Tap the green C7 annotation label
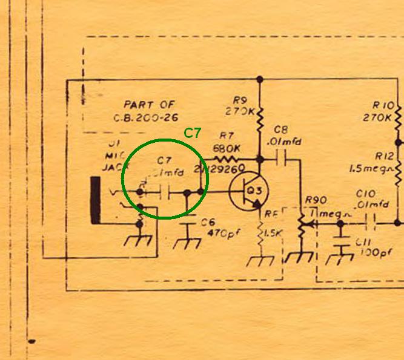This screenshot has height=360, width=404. [x=192, y=134]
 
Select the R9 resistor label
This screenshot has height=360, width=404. [x=240, y=100]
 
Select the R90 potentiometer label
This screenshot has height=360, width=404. [x=316, y=200]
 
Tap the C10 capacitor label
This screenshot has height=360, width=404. [x=366, y=194]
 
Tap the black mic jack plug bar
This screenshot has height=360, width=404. [x=95, y=199]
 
